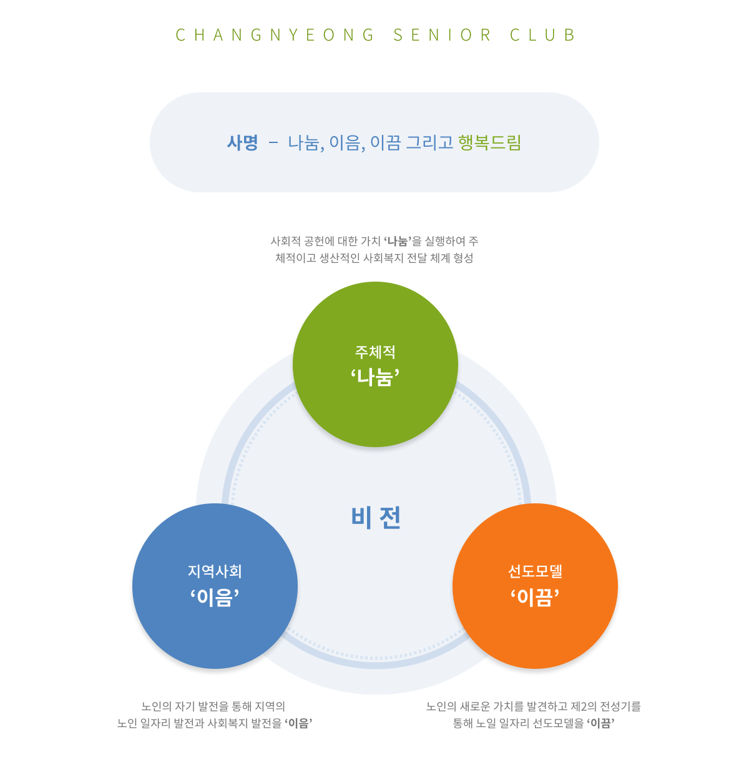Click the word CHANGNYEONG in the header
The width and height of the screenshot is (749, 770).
click(x=275, y=35)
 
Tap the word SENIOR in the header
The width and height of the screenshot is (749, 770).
click(x=442, y=35)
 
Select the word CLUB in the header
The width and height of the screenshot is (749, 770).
click(x=542, y=35)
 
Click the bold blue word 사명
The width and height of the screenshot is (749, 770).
click(x=242, y=142)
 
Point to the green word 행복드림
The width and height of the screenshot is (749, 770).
click(x=489, y=142)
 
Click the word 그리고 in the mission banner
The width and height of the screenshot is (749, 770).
click(x=430, y=142)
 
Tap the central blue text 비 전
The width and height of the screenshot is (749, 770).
click(x=376, y=517)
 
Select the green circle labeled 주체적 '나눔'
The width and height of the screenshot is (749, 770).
click(x=375, y=364)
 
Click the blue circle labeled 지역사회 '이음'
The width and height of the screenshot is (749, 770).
click(x=215, y=586)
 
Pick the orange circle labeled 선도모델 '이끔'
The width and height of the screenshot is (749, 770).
click(x=535, y=586)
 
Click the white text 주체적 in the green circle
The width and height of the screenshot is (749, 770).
click(x=375, y=352)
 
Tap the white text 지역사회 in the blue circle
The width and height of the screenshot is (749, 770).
click(x=215, y=571)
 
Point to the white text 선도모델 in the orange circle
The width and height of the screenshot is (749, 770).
click(x=535, y=571)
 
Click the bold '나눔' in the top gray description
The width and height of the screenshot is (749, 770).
click(x=398, y=241)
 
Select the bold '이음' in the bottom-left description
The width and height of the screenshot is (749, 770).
click(x=298, y=723)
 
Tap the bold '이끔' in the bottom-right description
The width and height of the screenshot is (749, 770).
click(x=600, y=723)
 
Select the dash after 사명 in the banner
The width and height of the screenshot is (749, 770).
click(x=273, y=142)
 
